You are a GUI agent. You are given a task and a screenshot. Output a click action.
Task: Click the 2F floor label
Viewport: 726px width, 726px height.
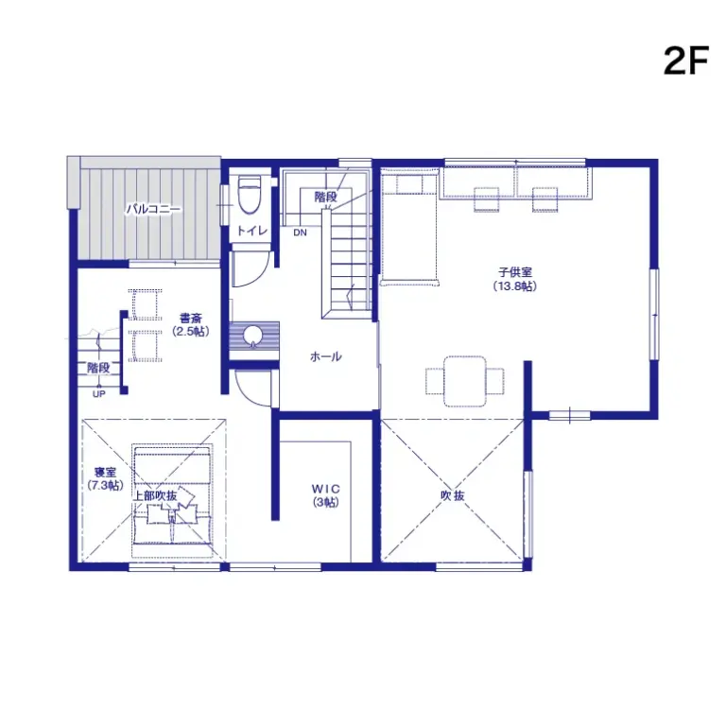[x=685, y=60]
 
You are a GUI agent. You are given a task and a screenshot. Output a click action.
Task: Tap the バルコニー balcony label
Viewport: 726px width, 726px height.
[x=153, y=209]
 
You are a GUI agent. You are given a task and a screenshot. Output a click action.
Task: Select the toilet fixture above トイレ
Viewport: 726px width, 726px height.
[x=249, y=195]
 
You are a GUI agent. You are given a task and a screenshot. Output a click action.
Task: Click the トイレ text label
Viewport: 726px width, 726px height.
[x=251, y=231]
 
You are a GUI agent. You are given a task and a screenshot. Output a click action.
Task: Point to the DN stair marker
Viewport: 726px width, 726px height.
[x=300, y=233]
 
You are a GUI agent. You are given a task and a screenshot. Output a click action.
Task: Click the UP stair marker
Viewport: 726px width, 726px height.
[x=98, y=394]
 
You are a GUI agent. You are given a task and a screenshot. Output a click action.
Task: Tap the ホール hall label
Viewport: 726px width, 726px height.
[x=325, y=356]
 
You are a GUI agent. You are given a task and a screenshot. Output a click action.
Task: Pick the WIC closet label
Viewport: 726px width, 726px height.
[x=324, y=489]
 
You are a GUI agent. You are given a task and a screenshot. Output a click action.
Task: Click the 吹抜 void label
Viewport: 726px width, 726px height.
[x=452, y=495]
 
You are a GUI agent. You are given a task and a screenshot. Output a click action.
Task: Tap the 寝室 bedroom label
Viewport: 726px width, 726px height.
[x=105, y=472]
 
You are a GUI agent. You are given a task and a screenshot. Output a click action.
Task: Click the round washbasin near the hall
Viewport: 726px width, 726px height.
[x=253, y=336]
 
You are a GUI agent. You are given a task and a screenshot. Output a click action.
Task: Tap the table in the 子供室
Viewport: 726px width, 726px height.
[x=464, y=380]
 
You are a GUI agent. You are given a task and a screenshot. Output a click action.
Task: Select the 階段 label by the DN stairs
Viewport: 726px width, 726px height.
[x=325, y=197]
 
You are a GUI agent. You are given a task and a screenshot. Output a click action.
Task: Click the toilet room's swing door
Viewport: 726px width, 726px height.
[x=248, y=268]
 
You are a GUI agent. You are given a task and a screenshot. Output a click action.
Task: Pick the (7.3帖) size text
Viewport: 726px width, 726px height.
[x=105, y=485]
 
